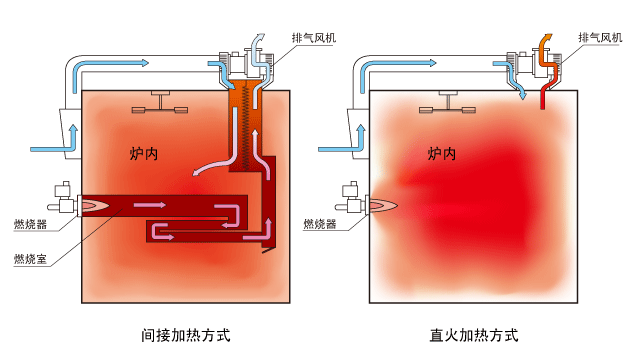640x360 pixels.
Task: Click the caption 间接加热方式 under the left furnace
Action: click(x=186, y=335)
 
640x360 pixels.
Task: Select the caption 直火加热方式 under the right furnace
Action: click(x=474, y=335)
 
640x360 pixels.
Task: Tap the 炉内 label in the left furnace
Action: click(x=144, y=154)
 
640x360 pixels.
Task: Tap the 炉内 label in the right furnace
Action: click(x=442, y=154)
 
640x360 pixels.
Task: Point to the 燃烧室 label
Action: click(x=30, y=259)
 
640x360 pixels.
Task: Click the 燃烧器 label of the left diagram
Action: click(x=30, y=224)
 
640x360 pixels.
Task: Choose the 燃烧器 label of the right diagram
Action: click(x=320, y=224)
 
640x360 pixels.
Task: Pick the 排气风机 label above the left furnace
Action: click(x=314, y=38)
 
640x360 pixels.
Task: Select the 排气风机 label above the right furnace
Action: click(x=600, y=38)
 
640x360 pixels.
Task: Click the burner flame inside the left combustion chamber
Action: click(x=96, y=205)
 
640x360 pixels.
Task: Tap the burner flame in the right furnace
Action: click(x=383, y=205)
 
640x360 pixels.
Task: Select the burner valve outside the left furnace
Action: click(x=62, y=198)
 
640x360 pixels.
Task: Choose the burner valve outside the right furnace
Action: click(x=349, y=198)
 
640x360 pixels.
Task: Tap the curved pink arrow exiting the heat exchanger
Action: click(x=214, y=163)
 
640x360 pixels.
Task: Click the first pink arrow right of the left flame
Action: click(x=150, y=204)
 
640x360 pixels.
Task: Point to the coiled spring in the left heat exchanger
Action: click(x=246, y=126)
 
